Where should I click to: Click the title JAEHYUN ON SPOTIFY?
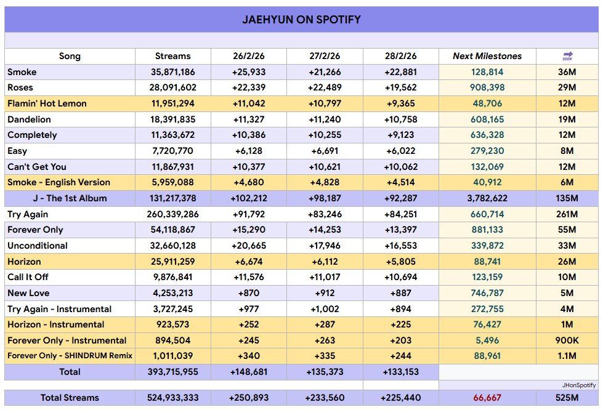301,20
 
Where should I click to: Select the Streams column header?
172,56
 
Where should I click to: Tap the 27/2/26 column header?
325,56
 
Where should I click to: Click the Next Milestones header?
487,56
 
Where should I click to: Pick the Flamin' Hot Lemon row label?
47,103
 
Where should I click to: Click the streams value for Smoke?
172,72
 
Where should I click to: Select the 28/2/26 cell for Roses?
400,87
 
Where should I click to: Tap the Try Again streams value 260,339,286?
172,214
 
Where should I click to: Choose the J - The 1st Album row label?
70,198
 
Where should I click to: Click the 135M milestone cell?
567,198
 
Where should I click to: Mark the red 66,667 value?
487,398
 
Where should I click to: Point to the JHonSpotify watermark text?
578,385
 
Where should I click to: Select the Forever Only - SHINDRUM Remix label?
70,356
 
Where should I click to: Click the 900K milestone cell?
567,340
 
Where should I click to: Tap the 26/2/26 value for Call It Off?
248,277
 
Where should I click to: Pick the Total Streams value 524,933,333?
172,398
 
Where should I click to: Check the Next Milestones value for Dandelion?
487,119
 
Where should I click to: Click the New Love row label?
28,293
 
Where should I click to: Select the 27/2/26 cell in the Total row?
325,372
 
